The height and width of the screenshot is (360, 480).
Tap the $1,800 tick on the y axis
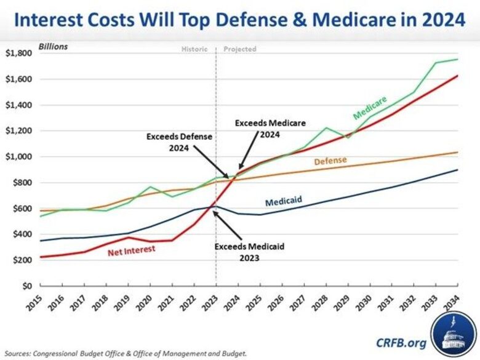20,54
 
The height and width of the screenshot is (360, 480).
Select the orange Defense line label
330,161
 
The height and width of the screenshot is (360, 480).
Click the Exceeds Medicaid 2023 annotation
249,252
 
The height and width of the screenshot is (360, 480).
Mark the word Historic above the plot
196,49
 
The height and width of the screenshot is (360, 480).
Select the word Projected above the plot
240,49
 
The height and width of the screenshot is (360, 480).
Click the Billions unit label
54,46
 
